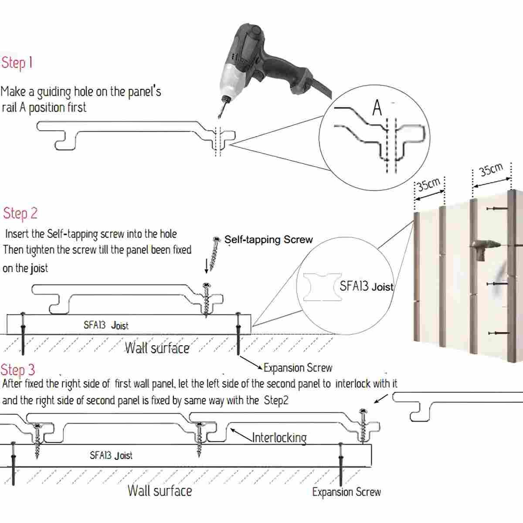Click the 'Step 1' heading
[17, 63]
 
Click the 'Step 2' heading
[20, 214]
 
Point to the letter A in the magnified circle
[377, 108]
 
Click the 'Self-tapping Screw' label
[268, 239]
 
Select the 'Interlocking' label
[279, 437]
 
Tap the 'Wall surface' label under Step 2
[157, 348]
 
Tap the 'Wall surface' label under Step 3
[160, 490]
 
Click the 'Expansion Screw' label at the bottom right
[346, 492]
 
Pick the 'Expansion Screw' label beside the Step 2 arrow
[298, 368]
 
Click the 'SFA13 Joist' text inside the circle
[366, 286]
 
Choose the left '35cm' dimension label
[430, 184]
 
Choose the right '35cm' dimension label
[491, 169]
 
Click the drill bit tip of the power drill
[220, 115]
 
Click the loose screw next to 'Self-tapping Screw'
[214, 253]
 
